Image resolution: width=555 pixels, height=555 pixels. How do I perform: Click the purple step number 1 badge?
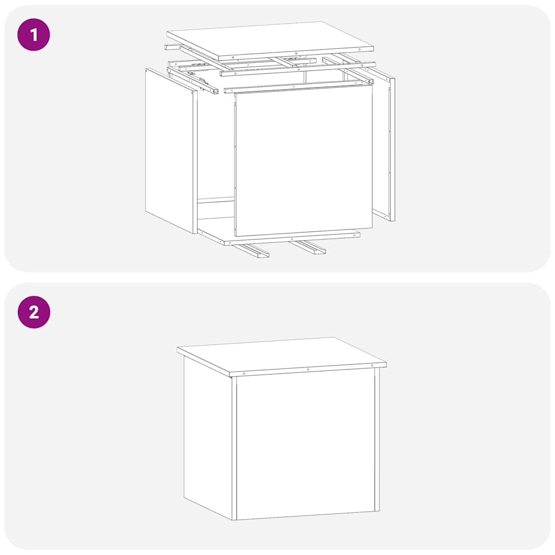pos(34,35)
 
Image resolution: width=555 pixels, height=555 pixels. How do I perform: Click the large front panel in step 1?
pos(304,163)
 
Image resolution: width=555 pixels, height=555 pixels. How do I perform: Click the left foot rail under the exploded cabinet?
pos(250,250)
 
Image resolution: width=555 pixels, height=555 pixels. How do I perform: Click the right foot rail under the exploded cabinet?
pos(308,247)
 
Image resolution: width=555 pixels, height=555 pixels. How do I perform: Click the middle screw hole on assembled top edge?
pos(308,370)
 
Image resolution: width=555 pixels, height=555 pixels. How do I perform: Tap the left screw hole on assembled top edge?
pos(244,373)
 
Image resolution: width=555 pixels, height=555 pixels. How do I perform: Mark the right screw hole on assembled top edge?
pos(373,366)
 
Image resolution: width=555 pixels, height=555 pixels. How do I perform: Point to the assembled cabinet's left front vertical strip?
pos(234,447)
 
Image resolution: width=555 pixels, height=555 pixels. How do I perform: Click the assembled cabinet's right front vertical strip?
pos(377,439)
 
